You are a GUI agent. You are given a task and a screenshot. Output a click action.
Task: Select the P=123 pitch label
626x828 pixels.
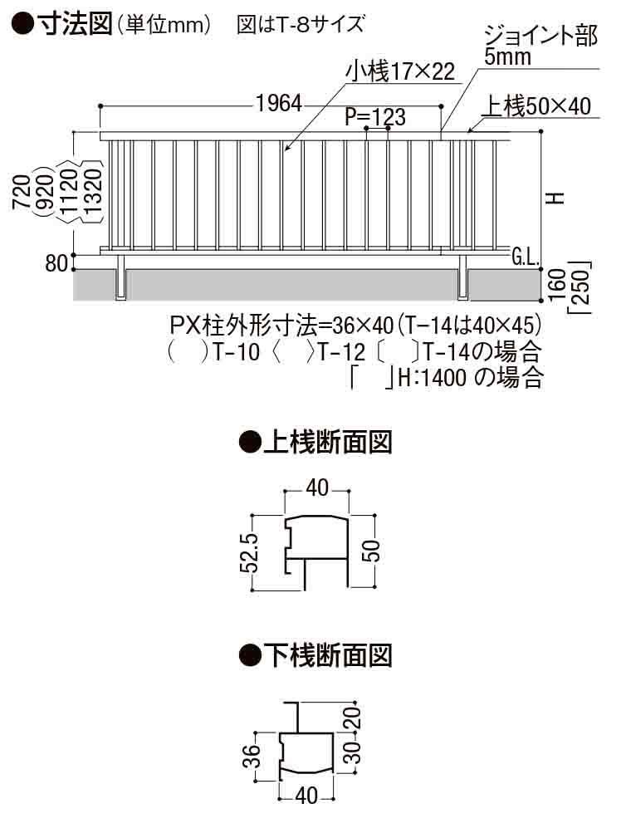(x=375, y=117)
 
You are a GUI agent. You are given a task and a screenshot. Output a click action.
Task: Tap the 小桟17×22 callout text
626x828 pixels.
(x=401, y=72)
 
